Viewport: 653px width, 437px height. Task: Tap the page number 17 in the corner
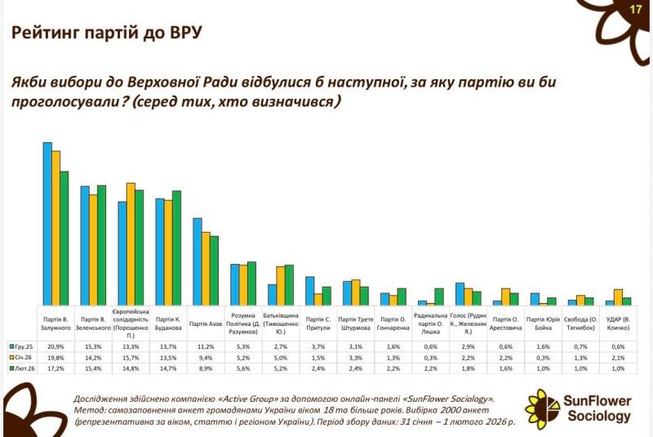click(636, 9)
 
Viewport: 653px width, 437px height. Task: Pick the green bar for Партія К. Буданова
click(176, 247)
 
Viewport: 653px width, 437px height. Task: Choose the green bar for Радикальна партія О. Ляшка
click(439, 297)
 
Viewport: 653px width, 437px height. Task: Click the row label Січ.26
click(20, 357)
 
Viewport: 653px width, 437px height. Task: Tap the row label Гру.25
click(20, 346)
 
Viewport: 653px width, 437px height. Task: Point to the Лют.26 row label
click(20, 368)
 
